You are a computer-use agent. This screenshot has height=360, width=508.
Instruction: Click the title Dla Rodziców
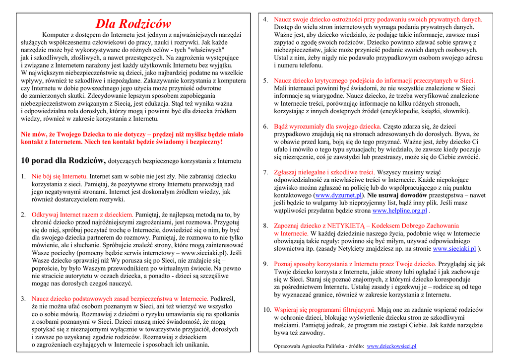click(133, 23)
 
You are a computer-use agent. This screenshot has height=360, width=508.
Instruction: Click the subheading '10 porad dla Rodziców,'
click(63, 160)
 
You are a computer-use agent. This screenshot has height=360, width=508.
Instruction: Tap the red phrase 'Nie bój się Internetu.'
click(60, 176)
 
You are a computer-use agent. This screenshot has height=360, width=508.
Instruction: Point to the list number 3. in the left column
click(23, 299)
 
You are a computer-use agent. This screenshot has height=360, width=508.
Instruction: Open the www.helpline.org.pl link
click(399, 211)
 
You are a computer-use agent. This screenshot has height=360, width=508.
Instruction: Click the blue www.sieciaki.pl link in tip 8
click(454, 249)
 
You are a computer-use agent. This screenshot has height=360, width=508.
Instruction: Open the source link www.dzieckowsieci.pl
click(391, 346)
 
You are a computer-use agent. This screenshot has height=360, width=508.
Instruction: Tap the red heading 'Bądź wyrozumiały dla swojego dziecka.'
click(327, 127)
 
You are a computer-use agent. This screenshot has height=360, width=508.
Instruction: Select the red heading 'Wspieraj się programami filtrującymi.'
click(325, 310)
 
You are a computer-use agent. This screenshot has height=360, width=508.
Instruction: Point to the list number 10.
click(267, 310)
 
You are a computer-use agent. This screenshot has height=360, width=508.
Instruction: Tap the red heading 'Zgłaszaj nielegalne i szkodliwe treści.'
click(324, 172)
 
